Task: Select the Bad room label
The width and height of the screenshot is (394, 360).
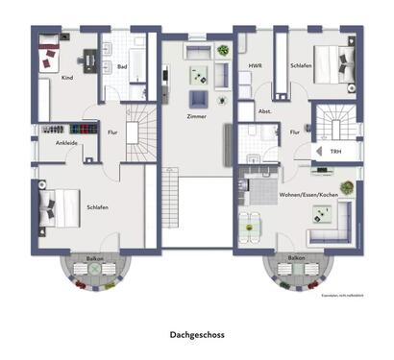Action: pyautogui.click(x=122, y=67)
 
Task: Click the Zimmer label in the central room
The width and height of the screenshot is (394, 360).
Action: pyautogui.click(x=196, y=116)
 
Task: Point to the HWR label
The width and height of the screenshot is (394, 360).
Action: pyautogui.click(x=255, y=66)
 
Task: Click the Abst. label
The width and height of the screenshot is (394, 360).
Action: pyautogui.click(x=264, y=111)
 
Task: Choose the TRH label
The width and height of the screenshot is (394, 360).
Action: pyautogui.click(x=334, y=152)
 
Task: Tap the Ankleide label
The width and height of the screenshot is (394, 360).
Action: pyautogui.click(x=67, y=143)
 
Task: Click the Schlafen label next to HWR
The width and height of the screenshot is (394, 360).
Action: pyautogui.click(x=300, y=66)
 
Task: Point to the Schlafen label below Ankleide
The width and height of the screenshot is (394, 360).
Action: pyautogui.click(x=96, y=206)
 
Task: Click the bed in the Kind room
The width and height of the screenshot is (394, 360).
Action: pyautogui.click(x=49, y=56)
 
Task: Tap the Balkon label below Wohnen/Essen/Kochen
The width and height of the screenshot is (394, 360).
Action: pyautogui.click(x=296, y=258)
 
